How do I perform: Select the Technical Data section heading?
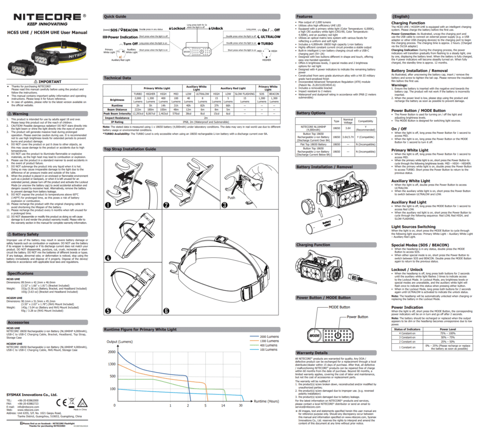click(x=117, y=78)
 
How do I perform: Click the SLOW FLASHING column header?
click(x=245, y=94)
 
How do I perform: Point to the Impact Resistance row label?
click(x=117, y=118)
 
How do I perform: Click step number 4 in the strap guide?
click(x=108, y=258)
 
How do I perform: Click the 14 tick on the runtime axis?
click(x=223, y=405)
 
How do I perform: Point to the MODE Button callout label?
click(x=339, y=307)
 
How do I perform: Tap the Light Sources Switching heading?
click(x=413, y=226)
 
